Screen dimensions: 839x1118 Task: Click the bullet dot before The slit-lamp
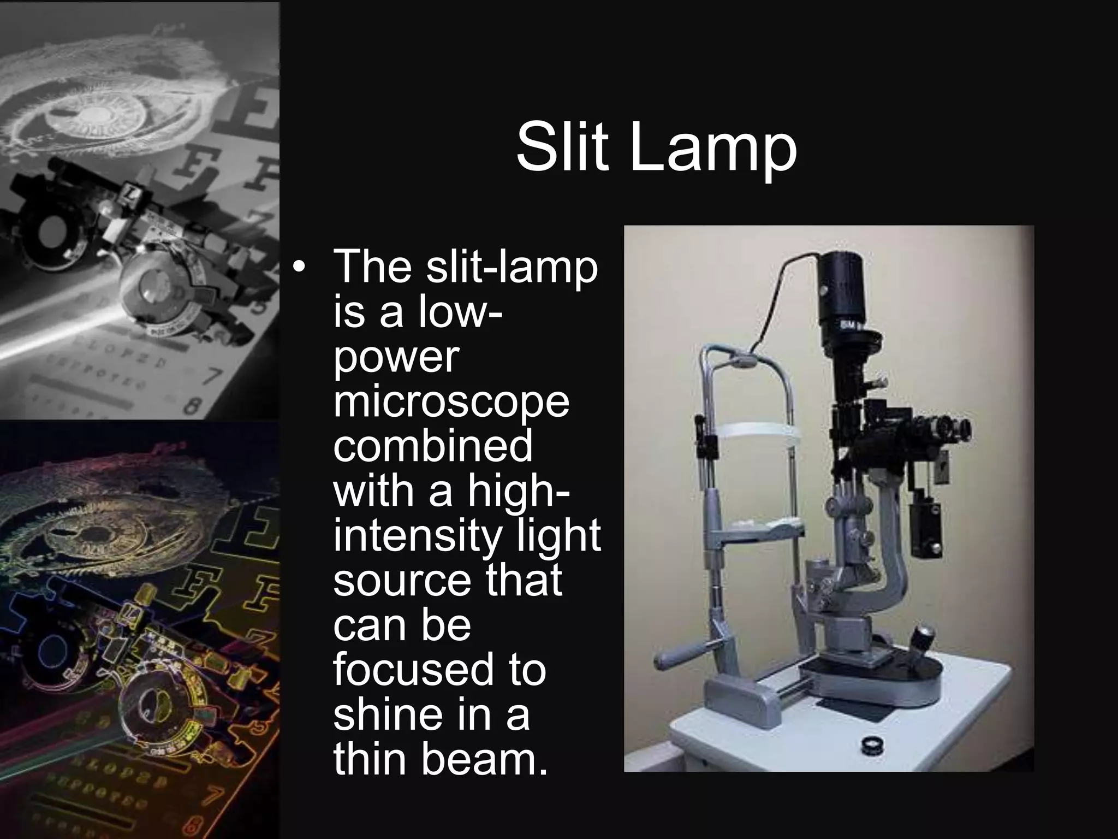point(298,267)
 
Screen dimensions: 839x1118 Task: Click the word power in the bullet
point(396,358)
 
